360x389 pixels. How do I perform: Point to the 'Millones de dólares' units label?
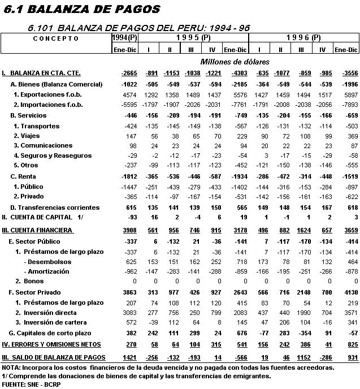[x=235, y=61]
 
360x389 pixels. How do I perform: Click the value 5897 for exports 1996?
[x=350, y=94]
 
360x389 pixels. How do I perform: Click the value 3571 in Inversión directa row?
[x=350, y=313]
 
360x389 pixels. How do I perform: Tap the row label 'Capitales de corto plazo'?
[x=54, y=334]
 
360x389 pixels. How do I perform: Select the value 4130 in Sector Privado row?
[x=350, y=292]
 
